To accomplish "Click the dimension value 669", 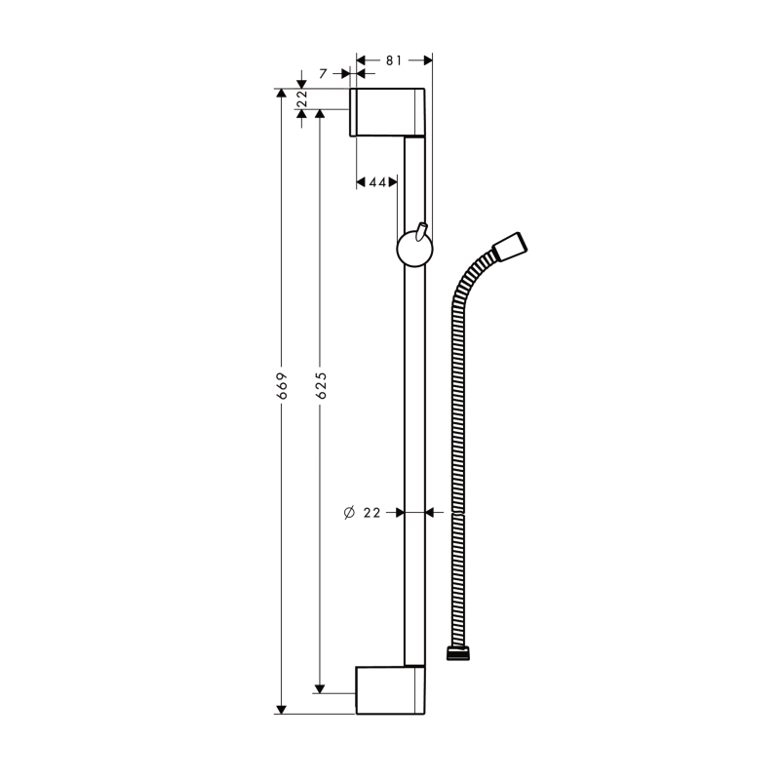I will [281, 386].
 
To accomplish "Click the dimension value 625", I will [320, 386].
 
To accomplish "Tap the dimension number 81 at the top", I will [394, 59].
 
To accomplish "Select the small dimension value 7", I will [322, 73].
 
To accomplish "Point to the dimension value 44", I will [377, 182].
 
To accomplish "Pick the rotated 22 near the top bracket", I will [301, 99].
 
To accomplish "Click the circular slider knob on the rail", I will [412, 251].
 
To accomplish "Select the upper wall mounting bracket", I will [389, 111].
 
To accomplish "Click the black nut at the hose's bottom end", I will [457, 652].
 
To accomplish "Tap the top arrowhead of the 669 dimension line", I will [281, 94].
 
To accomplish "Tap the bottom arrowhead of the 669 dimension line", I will [281, 709].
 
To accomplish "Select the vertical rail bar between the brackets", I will [414, 439].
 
